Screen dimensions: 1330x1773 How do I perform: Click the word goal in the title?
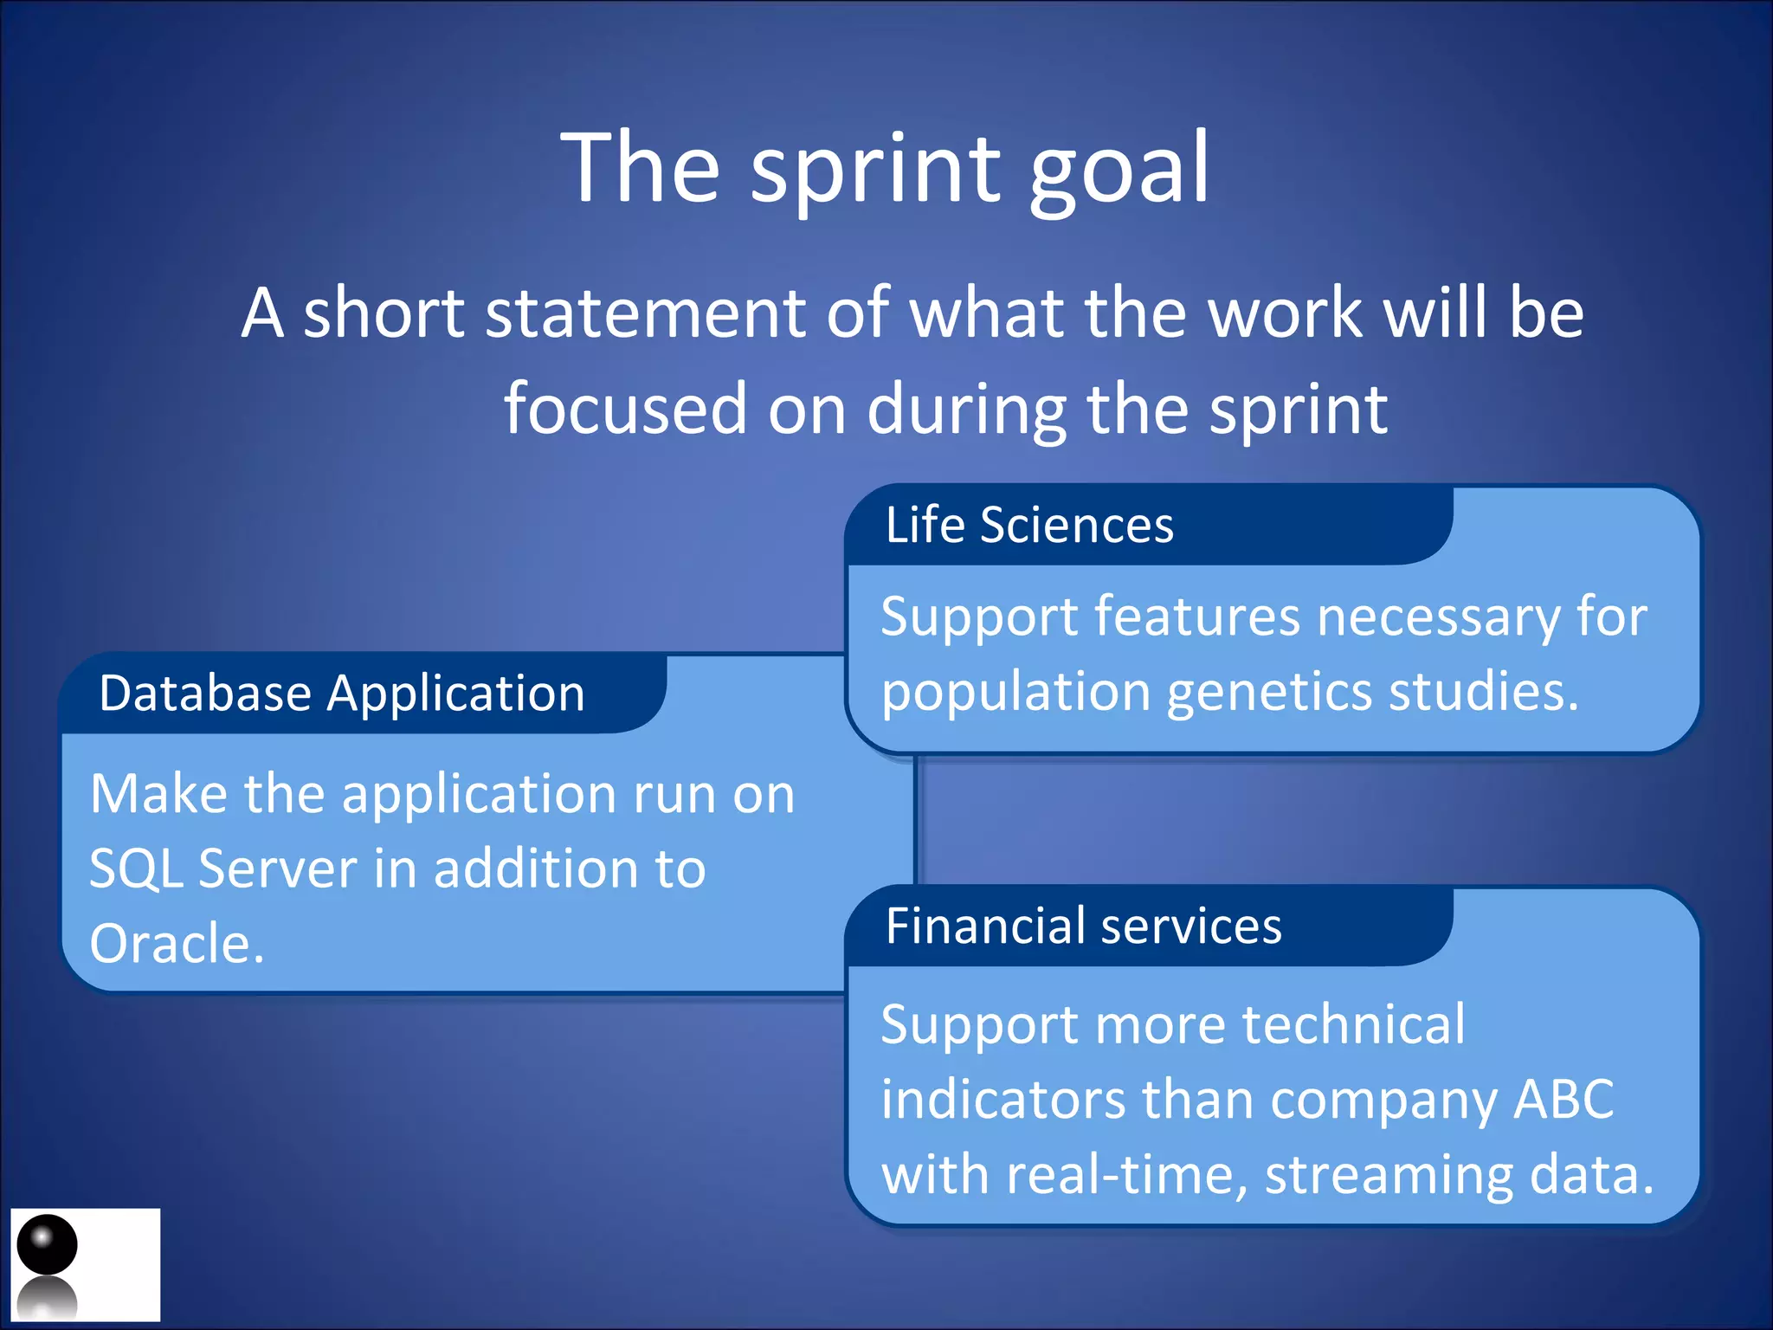1119,169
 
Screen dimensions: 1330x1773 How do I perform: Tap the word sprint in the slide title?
874,169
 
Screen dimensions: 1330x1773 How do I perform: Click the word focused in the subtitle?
625,409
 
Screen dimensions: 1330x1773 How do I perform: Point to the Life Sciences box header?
1029,525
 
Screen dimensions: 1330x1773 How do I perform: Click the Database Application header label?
342,693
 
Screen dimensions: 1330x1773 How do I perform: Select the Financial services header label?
1083,926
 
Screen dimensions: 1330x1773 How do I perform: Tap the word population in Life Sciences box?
1015,693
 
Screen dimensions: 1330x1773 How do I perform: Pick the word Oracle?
177,943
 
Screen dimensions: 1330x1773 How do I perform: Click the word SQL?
136,868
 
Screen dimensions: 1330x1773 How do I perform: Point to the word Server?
277,868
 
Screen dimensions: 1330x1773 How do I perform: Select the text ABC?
1563,1100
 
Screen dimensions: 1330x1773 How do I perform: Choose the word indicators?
1003,1100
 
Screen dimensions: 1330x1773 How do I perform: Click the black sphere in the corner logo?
47,1244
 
